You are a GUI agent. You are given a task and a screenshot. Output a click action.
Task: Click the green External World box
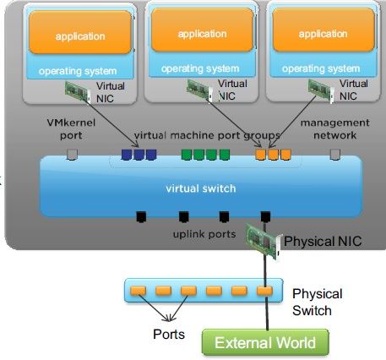265,342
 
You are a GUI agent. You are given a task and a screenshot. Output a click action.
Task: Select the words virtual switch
201,188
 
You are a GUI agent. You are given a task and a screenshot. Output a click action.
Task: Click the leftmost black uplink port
141,216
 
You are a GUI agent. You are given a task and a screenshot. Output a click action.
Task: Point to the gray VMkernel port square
72,155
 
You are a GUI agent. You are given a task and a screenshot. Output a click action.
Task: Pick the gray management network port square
334,155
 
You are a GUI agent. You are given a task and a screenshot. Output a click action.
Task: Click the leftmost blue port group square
127,155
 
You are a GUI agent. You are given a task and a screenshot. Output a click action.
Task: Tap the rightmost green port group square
225,155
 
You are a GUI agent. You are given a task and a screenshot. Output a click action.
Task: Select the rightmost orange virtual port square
285,155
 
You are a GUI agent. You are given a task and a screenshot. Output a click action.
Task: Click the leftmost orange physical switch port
138,291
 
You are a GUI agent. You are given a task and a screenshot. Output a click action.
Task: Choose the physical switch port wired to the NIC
264,291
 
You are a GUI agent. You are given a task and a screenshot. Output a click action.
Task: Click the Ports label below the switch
169,335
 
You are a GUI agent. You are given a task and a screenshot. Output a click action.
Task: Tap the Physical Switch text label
317,302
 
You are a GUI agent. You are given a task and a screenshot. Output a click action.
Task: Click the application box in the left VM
80,32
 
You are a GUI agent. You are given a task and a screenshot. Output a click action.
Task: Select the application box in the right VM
323,30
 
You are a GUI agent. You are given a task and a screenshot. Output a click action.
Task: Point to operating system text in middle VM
200,68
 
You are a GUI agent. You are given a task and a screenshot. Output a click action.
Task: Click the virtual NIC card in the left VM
78,91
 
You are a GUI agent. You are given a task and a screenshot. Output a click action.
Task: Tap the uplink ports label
204,234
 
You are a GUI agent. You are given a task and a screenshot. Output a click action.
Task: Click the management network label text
335,128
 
